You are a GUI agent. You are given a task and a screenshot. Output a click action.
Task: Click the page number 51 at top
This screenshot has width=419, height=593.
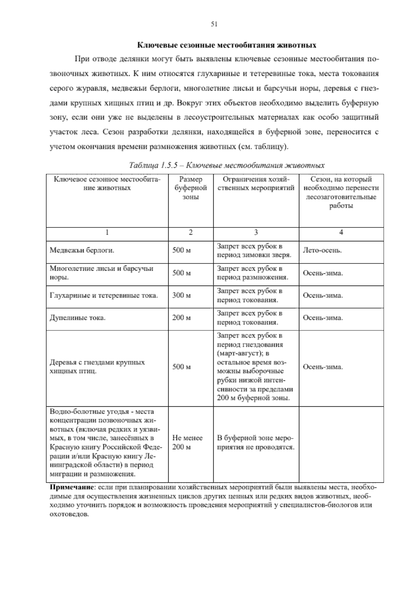214,24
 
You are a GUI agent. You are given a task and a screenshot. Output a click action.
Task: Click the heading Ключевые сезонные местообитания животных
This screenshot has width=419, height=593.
227,45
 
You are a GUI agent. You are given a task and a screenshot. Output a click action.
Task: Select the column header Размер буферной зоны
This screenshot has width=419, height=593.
191,188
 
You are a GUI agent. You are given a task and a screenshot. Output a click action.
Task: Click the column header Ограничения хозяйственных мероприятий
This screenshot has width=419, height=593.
256,184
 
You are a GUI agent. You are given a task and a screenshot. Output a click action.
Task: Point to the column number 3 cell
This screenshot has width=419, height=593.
256,233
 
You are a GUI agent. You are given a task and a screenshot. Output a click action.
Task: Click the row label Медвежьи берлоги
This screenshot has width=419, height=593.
82,251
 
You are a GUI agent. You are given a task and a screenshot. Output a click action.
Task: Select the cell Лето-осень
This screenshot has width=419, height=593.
322,251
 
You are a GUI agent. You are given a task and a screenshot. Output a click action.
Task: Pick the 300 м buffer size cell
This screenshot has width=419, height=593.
182,295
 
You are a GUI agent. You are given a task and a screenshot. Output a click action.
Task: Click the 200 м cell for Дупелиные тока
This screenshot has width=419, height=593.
182,318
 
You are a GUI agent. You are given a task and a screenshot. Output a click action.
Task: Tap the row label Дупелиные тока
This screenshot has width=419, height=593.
78,318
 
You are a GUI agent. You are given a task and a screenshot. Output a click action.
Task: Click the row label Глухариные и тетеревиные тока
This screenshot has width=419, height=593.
104,295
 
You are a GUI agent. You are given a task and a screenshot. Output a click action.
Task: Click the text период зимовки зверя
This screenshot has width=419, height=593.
254,255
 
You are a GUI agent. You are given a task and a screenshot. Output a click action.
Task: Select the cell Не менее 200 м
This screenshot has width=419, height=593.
188,442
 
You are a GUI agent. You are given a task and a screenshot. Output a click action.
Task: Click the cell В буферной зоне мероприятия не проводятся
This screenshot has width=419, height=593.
256,442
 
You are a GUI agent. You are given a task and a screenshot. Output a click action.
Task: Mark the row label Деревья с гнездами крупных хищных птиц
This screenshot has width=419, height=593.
97,366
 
